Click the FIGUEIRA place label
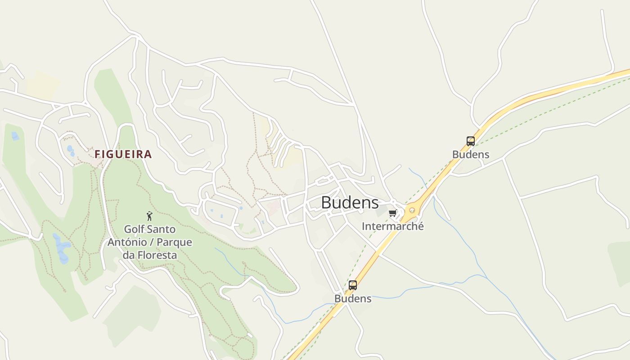(x=123, y=154)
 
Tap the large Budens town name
(x=350, y=203)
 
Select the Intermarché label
(x=392, y=226)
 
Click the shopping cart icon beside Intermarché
(x=392, y=213)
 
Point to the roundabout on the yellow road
(x=412, y=210)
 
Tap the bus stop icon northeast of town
(x=470, y=141)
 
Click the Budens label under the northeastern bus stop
(x=470, y=154)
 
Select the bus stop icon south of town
(x=353, y=285)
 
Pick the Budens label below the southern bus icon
(x=353, y=298)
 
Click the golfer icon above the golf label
(x=149, y=216)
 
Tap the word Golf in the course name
(x=134, y=229)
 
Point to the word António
(x=126, y=242)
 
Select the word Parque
(x=175, y=242)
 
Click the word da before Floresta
(x=128, y=255)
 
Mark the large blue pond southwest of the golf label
(x=61, y=247)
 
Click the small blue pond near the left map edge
(x=15, y=135)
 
